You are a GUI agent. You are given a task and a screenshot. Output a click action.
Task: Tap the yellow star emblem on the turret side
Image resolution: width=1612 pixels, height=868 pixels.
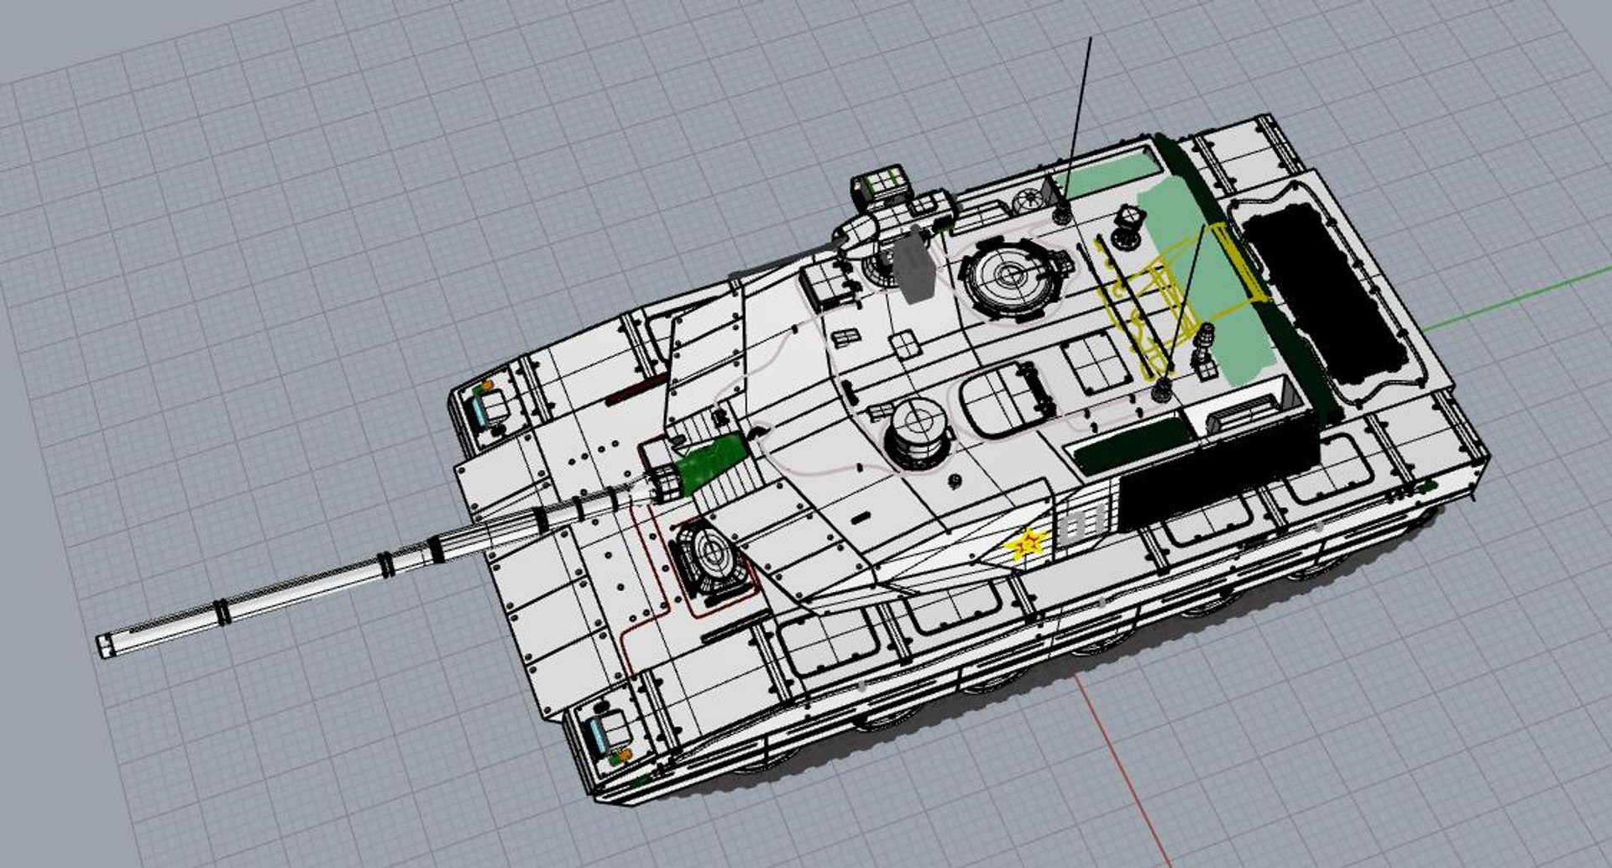click(1026, 544)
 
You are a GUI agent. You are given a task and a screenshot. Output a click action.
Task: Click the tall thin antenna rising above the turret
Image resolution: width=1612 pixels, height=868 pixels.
click(1080, 109)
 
